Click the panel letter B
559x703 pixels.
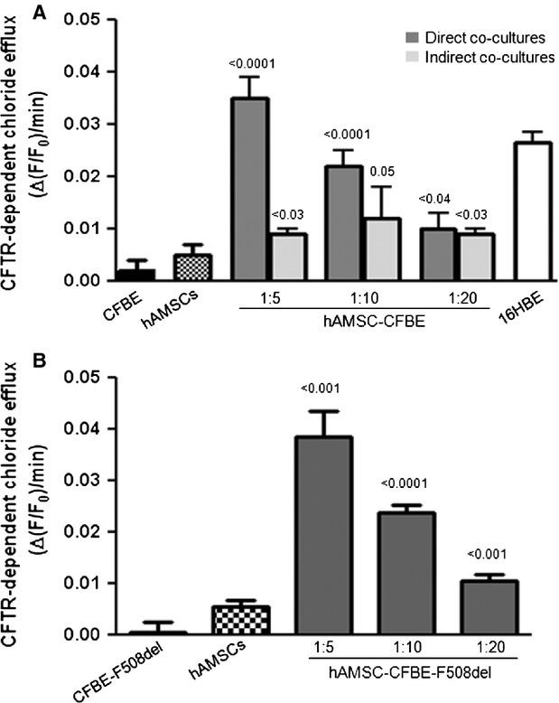point(12,360)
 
